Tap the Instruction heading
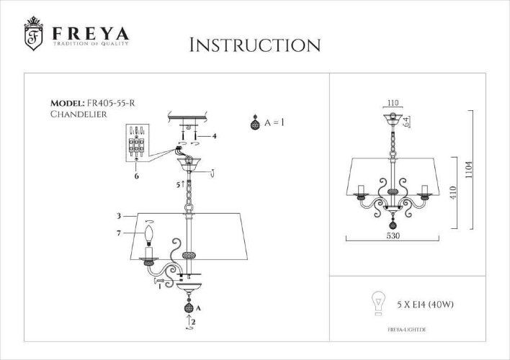tap(254, 45)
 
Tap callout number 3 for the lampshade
tap(118, 215)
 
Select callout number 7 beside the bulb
tap(119, 232)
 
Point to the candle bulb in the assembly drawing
tap(151, 235)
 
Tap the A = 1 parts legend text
tap(274, 123)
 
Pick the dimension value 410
tap(454, 194)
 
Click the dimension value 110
tap(392, 103)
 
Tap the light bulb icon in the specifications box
tap(376, 302)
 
